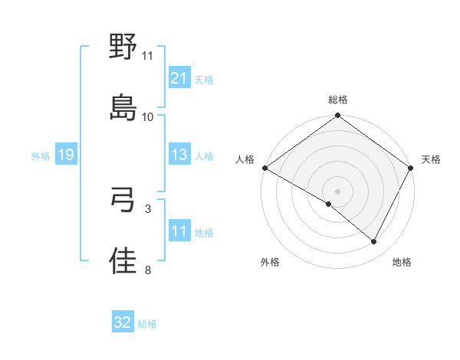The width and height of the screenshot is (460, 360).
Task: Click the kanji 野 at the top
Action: pyautogui.click(x=123, y=47)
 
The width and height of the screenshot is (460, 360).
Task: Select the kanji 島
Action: pyautogui.click(x=123, y=106)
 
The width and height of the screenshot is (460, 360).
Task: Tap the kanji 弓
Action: pyautogui.click(x=123, y=200)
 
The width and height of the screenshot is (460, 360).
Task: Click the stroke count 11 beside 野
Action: pyautogui.click(x=148, y=56)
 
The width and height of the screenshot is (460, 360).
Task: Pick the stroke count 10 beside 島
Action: pyautogui.click(x=148, y=116)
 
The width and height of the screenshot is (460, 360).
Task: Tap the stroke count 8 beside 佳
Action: pyautogui.click(x=148, y=270)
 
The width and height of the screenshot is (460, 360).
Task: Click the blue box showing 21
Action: pyautogui.click(x=179, y=77)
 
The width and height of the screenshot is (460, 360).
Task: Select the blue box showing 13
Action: pyautogui.click(x=179, y=155)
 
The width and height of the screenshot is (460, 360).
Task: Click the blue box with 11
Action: pyautogui.click(x=179, y=231)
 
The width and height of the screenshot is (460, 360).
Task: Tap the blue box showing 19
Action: pyautogui.click(x=65, y=155)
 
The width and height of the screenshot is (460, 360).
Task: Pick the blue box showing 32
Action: pyautogui.click(x=123, y=322)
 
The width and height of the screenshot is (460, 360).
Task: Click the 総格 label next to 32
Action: pyautogui.click(x=147, y=324)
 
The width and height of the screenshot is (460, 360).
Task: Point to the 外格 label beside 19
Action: pyautogui.click(x=41, y=155)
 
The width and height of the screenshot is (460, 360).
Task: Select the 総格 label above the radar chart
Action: pyautogui.click(x=338, y=100)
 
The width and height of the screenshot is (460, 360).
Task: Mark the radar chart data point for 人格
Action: pyautogui.click(x=264, y=168)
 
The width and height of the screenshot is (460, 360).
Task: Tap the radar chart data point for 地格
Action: pyautogui.click(x=374, y=242)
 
